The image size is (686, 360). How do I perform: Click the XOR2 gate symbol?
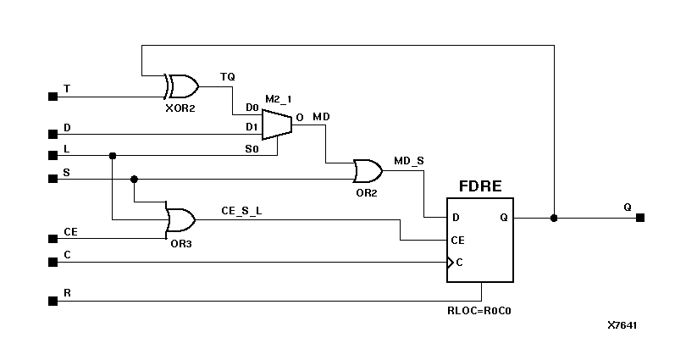click(181, 86)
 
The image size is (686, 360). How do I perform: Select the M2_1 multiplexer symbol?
click(276, 125)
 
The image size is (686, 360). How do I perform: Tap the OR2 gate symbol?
click(368, 172)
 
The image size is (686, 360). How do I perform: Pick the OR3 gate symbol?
click(180, 220)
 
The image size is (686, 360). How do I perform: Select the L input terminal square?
click(53, 155)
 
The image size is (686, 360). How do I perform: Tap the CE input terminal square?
click(53, 238)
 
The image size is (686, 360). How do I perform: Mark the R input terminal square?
click(53, 300)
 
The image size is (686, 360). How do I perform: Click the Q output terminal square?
click(640, 218)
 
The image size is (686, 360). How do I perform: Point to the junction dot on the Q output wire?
click(554, 218)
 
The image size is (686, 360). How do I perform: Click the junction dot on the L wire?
click(113, 155)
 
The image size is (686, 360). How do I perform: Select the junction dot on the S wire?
click(134, 179)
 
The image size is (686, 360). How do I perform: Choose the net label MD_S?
click(409, 160)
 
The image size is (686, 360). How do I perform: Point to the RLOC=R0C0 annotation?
click(480, 311)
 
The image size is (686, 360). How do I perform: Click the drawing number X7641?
click(622, 325)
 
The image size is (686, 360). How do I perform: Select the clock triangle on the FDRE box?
click(451, 262)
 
